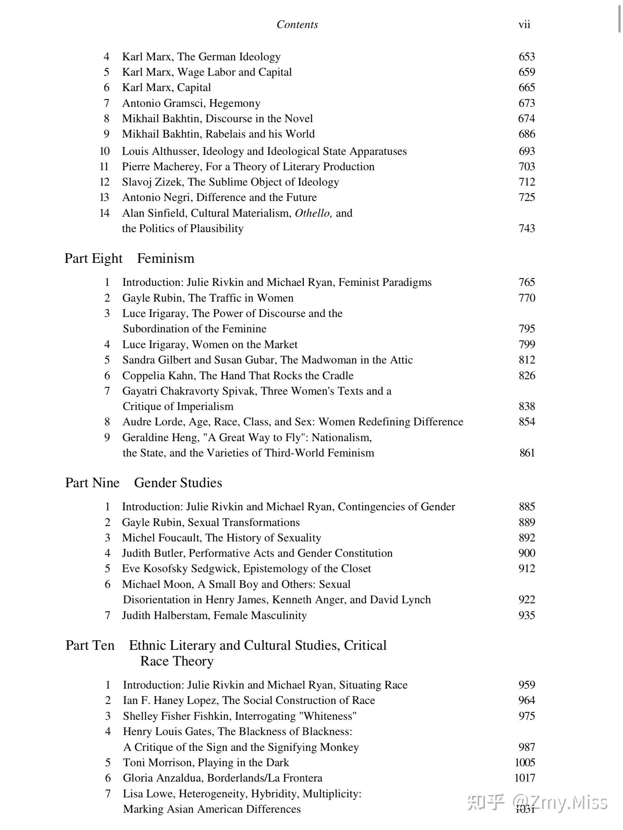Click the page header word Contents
(297, 25)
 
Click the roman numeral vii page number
(524, 25)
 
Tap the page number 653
(526, 56)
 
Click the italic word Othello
(313, 213)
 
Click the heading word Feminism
(165, 258)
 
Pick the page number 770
(526, 298)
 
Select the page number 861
(527, 453)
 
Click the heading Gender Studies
(178, 483)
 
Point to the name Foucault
(175, 538)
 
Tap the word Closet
(353, 568)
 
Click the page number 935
(526, 615)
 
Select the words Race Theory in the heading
(177, 661)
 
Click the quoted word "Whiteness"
(328, 716)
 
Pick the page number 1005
(525, 762)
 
